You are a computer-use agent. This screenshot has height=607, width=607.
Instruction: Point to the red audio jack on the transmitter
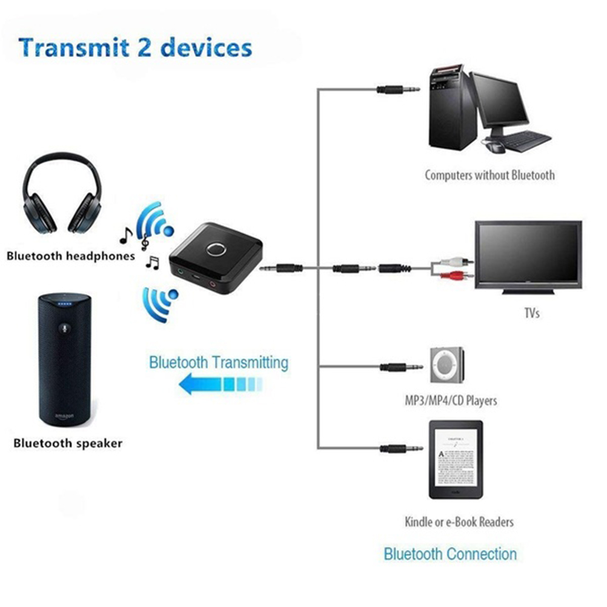coord(213,282)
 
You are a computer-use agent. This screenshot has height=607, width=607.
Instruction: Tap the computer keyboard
coord(524,141)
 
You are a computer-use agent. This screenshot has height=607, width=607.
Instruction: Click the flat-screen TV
coord(528,255)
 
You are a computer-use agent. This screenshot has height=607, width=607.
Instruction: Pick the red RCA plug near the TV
coord(454,277)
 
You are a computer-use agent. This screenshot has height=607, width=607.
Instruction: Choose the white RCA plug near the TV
coord(454,262)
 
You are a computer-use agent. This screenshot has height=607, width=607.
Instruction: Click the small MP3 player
coord(447,365)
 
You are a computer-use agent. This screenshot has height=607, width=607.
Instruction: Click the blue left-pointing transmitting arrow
coord(221,383)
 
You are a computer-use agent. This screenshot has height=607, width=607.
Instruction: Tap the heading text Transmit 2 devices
coord(135,47)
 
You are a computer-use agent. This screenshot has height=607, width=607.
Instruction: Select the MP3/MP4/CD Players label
coord(450,400)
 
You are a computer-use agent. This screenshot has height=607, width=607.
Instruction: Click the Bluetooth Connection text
coord(450,554)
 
